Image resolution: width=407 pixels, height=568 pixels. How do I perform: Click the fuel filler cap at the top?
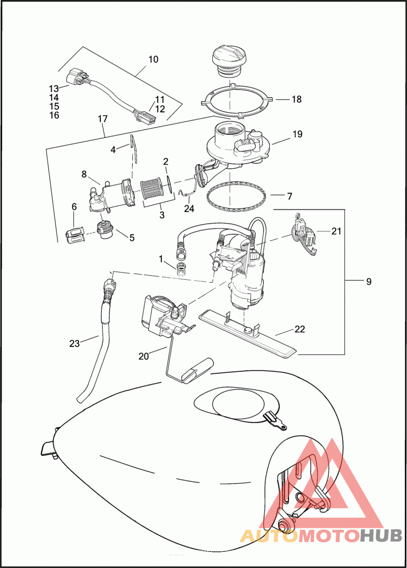click(229, 61)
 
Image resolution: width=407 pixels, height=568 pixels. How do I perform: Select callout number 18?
click(297, 99)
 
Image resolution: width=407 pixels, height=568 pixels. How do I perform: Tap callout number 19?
click(297, 134)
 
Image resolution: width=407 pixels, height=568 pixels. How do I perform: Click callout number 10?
click(153, 59)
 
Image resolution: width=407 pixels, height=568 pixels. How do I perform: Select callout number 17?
click(103, 119)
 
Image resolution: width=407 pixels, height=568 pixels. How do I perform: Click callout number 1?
click(161, 259)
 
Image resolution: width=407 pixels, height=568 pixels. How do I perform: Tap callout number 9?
click(368, 282)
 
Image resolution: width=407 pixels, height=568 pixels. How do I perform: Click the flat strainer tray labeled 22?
click(249, 332)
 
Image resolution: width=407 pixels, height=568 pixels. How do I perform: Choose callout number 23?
click(74, 343)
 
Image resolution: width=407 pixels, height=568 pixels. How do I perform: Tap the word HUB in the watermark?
click(381, 535)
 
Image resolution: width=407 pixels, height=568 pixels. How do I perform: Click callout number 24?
click(189, 208)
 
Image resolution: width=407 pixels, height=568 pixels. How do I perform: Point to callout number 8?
click(84, 174)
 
